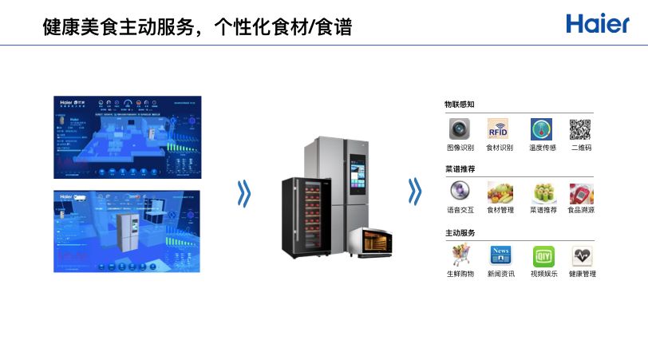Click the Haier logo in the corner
pyautogui.click(x=598, y=23)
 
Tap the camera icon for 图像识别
pyautogui.click(x=460, y=129)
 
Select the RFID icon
pyautogui.click(x=499, y=129)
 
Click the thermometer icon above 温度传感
pyautogui.click(x=542, y=129)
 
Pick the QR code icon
pyautogui.click(x=580, y=129)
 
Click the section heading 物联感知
pyautogui.click(x=460, y=105)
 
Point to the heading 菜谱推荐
pyautogui.click(x=460, y=169)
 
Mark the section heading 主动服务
pyautogui.click(x=460, y=233)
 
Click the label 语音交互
pyautogui.click(x=460, y=211)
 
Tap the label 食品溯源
pyautogui.click(x=581, y=211)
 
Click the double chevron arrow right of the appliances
pyautogui.click(x=413, y=192)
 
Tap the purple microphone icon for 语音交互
pyautogui.click(x=460, y=192)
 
